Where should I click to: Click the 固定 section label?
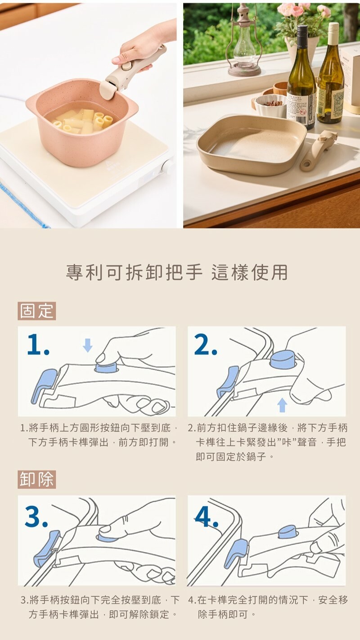(x=36, y=311)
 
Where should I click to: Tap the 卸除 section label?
(x=36, y=479)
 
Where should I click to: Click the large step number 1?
(x=38, y=345)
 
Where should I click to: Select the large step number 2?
(x=206, y=345)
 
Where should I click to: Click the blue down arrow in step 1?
(x=87, y=345)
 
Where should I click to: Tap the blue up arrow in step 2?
(x=282, y=405)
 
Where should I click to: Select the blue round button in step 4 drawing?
(x=287, y=532)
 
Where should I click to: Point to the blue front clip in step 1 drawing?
(x=44, y=385)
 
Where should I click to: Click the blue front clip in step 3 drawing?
(x=46, y=547)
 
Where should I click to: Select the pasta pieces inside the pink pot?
(x=83, y=122)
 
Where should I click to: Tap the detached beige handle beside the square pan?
(x=318, y=150)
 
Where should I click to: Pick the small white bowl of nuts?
(x=270, y=105)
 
